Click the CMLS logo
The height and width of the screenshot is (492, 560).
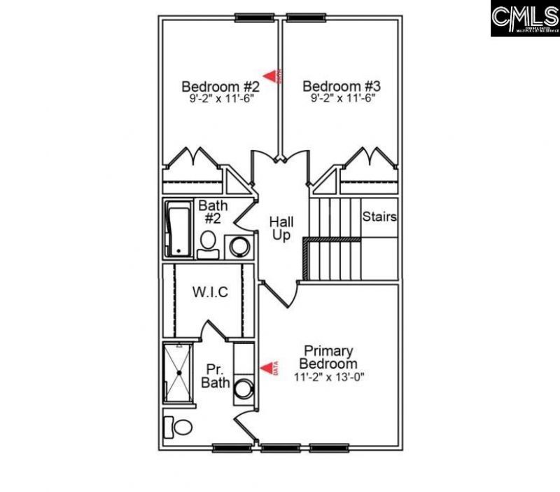click(524, 19)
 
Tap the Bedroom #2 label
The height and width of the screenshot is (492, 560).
click(220, 86)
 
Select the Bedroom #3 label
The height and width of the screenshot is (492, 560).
click(342, 86)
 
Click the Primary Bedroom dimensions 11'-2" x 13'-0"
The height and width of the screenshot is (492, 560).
click(328, 377)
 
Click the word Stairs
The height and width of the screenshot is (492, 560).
click(379, 217)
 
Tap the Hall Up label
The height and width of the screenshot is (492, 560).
click(281, 228)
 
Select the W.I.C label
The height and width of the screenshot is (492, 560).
click(210, 292)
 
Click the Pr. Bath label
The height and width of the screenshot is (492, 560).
click(216, 375)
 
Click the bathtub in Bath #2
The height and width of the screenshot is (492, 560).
click(178, 229)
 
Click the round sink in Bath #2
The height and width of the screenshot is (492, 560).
click(239, 247)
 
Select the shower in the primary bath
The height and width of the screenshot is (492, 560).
click(179, 372)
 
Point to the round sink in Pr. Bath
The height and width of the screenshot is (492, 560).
click(243, 388)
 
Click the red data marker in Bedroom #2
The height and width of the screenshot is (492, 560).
click(271, 75)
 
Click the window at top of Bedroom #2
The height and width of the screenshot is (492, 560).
click(253, 18)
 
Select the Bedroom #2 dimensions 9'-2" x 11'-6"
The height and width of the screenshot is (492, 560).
click(220, 99)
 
